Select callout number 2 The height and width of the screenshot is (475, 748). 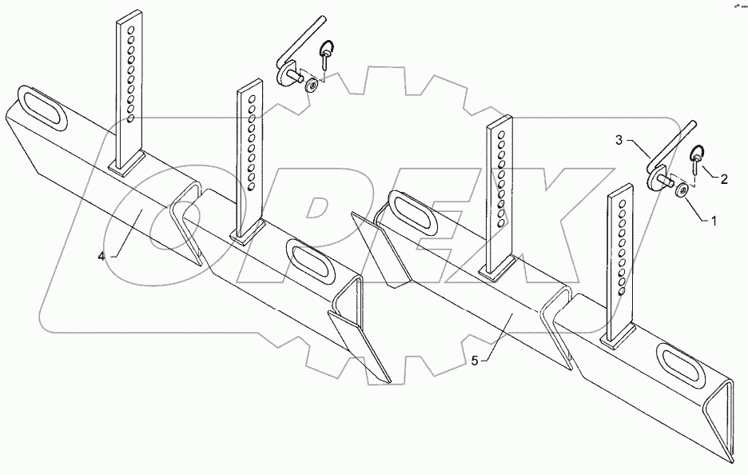724,180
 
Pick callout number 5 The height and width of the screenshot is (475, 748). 475,360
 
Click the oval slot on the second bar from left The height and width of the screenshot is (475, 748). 309,261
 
